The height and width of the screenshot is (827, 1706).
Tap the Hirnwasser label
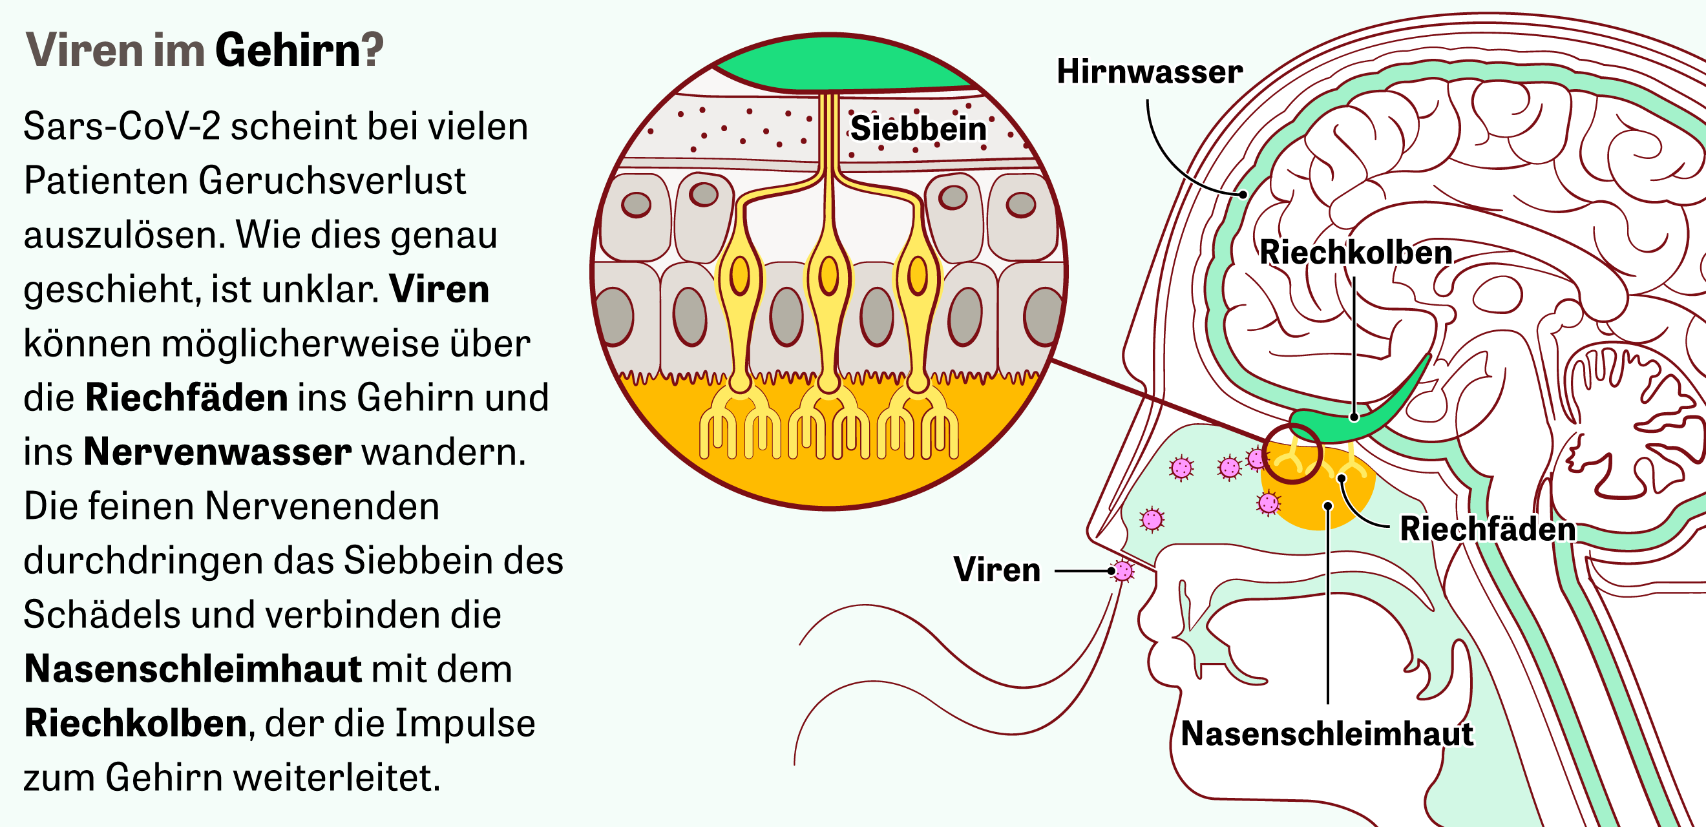coord(1149,72)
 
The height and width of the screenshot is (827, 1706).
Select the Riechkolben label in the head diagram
coord(1356,252)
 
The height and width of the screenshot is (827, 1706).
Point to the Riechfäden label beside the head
coord(1488,529)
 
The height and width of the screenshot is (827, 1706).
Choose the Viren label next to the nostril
coord(996,569)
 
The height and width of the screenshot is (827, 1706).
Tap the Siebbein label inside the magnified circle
coord(918,129)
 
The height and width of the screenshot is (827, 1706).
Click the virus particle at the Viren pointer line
coord(1123,570)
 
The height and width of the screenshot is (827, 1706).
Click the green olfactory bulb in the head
coord(1358,417)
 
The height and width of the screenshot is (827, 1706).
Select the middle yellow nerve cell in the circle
coord(828,278)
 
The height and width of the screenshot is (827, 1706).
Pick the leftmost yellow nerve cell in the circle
coord(740,278)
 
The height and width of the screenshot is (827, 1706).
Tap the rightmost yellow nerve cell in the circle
coord(917,278)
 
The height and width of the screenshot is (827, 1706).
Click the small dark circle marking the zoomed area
coord(1292,454)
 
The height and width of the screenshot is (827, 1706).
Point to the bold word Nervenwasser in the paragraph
coord(217,452)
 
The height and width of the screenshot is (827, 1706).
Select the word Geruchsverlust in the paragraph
coord(332,180)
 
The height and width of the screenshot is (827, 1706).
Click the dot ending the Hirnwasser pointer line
coord(1244,194)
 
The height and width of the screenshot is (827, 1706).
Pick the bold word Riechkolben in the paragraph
coord(136,723)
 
